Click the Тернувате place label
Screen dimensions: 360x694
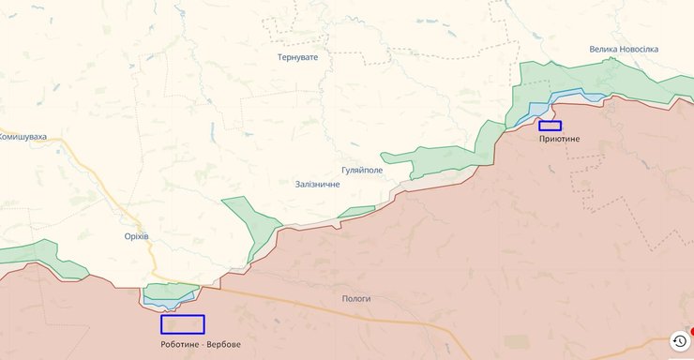tap(297, 57)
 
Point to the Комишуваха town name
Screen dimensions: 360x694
tap(23, 136)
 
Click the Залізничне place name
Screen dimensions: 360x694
tap(317, 184)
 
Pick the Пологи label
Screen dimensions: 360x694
tap(356, 298)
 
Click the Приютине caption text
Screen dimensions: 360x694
tap(560, 139)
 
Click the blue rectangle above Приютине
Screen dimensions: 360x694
tap(550, 126)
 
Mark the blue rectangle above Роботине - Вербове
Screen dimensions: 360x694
tap(182, 324)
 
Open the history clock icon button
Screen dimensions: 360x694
tap(679, 341)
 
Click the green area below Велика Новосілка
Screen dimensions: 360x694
tap(610, 80)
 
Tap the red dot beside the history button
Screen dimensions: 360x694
tap(692, 331)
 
